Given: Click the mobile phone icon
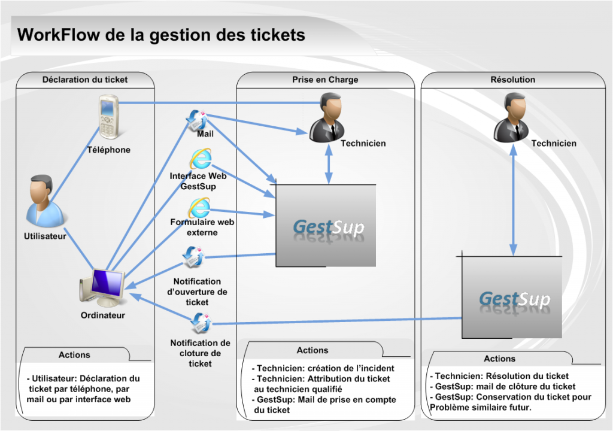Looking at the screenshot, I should pyautogui.click(x=108, y=117).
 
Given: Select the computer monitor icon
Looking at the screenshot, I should pyautogui.click(x=102, y=287).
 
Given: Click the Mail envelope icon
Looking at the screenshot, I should pyautogui.click(x=197, y=119).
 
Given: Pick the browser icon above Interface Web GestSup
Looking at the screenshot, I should pyautogui.click(x=200, y=159).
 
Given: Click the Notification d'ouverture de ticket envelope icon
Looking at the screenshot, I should pyautogui.click(x=194, y=258).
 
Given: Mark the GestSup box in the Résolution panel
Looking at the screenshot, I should pyautogui.click(x=512, y=296).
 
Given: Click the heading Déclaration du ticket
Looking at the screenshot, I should pyautogui.click(x=85, y=79).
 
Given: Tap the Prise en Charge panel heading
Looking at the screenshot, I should pyautogui.click(x=325, y=79).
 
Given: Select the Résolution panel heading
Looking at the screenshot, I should pyautogui.click(x=512, y=79).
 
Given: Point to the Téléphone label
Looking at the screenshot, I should pyautogui.click(x=108, y=150).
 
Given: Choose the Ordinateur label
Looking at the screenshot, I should pyautogui.click(x=103, y=315).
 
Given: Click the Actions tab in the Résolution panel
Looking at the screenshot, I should pyautogui.click(x=499, y=359).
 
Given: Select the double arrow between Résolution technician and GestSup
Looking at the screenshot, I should pyautogui.click(x=513, y=201).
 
